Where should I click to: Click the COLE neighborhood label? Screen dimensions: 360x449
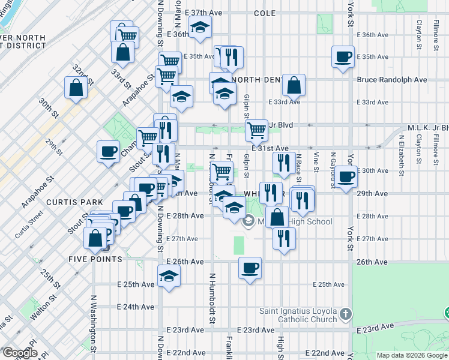pyautogui.click(x=264, y=13)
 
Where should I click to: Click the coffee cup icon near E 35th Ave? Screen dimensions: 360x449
pyautogui.click(x=343, y=56)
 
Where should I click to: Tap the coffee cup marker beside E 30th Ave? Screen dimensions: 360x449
pyautogui.click(x=346, y=176)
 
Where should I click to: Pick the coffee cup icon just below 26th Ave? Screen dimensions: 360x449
pyautogui.click(x=250, y=268)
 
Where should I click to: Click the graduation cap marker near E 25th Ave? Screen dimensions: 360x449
pyautogui.click(x=169, y=277)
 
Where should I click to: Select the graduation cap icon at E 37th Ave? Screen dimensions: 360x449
pyautogui.click(x=200, y=26)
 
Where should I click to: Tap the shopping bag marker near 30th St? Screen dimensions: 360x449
pyautogui.click(x=77, y=88)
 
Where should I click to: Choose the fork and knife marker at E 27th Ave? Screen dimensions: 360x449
pyautogui.click(x=284, y=238)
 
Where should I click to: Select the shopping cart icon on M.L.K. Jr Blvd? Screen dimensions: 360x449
pyautogui.click(x=257, y=130)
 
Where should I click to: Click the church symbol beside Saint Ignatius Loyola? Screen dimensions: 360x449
pyautogui.click(x=345, y=314)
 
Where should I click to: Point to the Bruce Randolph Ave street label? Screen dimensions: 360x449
pyautogui.click(x=391, y=79)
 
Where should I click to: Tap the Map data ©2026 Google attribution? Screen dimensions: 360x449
pyautogui.click(x=412, y=355)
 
